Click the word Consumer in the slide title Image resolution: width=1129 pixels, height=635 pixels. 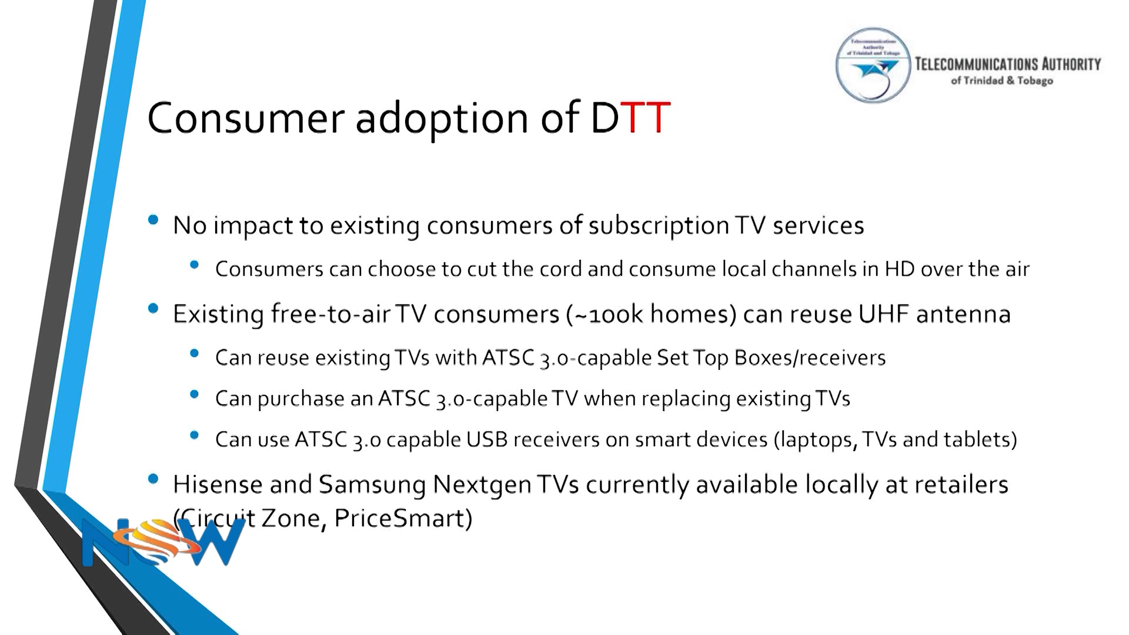(245, 118)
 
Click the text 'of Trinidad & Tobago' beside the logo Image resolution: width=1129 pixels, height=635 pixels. (1001, 81)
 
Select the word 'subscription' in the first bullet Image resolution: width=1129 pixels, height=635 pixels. (659, 226)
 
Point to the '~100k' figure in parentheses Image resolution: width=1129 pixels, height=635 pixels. (609, 315)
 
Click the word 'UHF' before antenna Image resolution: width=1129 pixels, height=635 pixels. (883, 314)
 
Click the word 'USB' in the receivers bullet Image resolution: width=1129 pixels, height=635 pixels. (487, 440)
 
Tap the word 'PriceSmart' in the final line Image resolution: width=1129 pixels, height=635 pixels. (403, 519)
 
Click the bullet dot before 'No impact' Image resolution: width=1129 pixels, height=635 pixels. (153, 220)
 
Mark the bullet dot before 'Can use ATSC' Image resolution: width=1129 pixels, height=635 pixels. (195, 435)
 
